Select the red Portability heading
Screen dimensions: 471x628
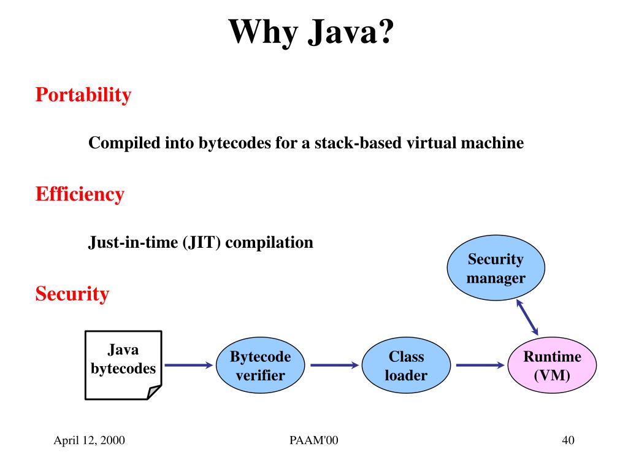pyautogui.click(x=83, y=95)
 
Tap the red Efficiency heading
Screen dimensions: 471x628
pyautogui.click(x=80, y=194)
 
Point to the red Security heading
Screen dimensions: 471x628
pyautogui.click(x=72, y=294)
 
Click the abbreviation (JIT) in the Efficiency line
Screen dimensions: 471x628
pyautogui.click(x=203, y=242)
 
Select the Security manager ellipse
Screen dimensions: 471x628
pyautogui.click(x=496, y=269)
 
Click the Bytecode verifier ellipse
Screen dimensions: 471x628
pyautogui.click(x=261, y=366)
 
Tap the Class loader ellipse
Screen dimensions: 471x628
pyautogui.click(x=406, y=366)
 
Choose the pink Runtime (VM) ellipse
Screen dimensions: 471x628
pyautogui.click(x=552, y=366)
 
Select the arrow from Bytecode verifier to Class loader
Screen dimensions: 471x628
pyautogui.click(x=334, y=366)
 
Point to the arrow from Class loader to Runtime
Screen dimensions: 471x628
pyautogui.click(x=480, y=366)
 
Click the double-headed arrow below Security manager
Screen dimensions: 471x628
pyautogui.click(x=527, y=317)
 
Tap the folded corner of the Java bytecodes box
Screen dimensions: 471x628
pyautogui.click(x=154, y=392)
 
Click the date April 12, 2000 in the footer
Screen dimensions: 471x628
pyautogui.click(x=90, y=440)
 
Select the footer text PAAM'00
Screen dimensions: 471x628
pyautogui.click(x=313, y=440)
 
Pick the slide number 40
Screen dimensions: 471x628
pyautogui.click(x=567, y=440)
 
